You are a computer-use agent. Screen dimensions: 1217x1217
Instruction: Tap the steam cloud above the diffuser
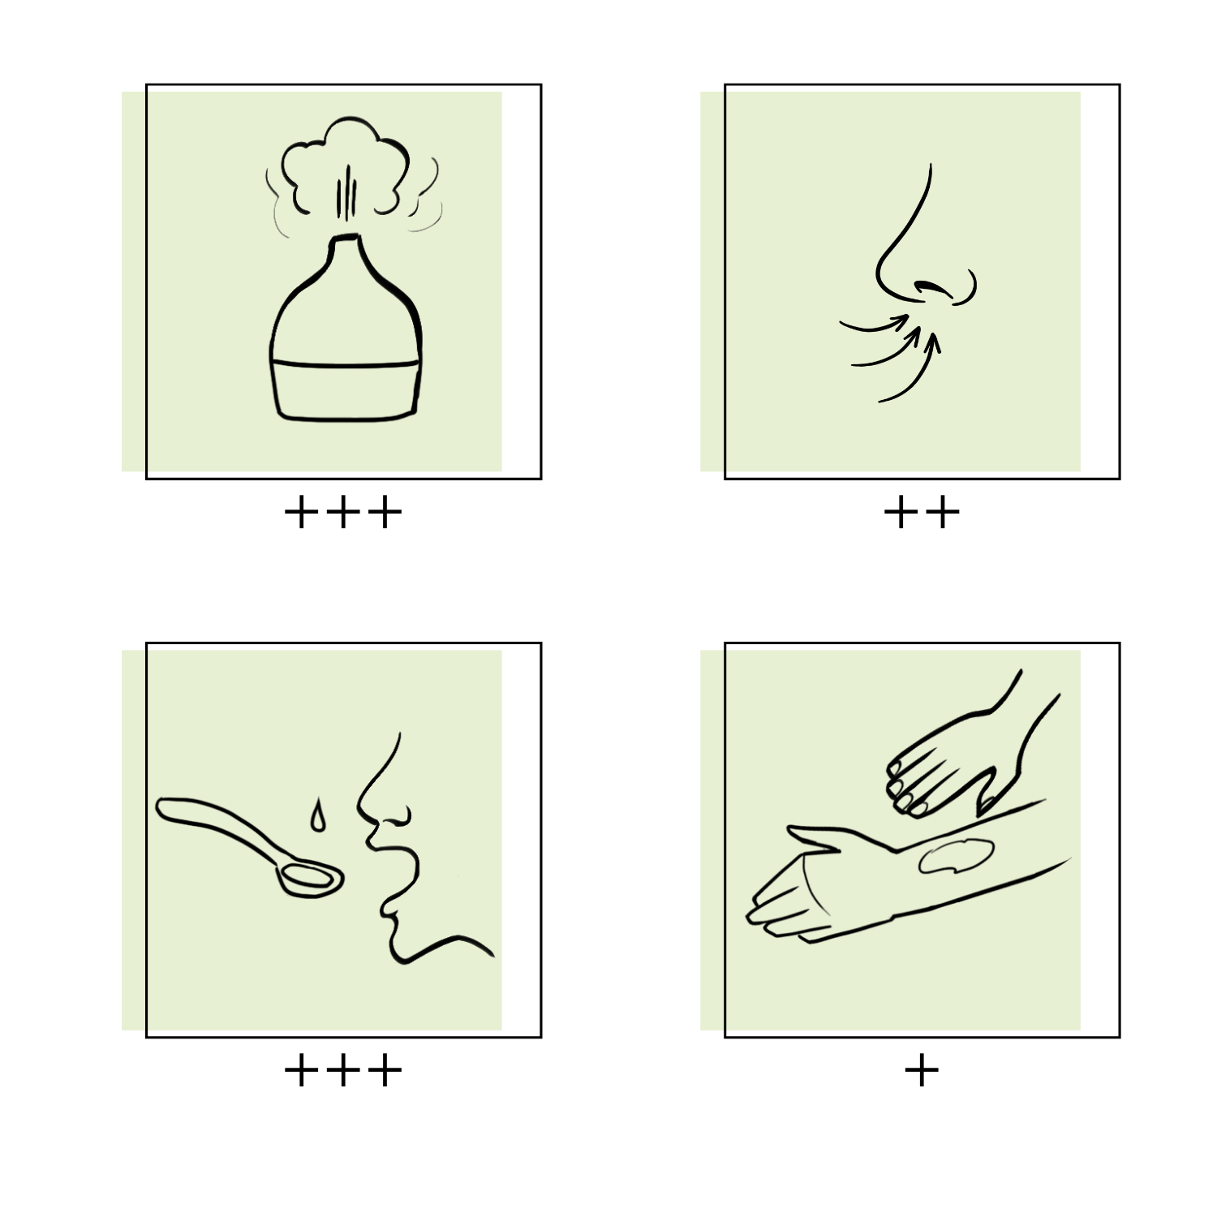(x=344, y=166)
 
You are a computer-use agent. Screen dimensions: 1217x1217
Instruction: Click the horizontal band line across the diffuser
(x=346, y=364)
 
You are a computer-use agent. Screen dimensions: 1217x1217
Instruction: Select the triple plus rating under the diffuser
(x=343, y=513)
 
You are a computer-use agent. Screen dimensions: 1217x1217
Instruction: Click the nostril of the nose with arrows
(x=931, y=287)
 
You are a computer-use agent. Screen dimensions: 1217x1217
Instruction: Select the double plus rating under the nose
(x=922, y=513)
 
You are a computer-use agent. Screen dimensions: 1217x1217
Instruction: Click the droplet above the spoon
(x=317, y=816)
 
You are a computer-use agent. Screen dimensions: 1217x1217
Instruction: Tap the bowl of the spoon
(x=309, y=879)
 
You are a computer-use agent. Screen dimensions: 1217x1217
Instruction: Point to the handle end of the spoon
(x=165, y=808)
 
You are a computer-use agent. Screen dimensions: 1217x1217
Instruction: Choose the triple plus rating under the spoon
(x=343, y=1071)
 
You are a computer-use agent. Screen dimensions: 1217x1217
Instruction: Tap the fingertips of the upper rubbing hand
(x=903, y=787)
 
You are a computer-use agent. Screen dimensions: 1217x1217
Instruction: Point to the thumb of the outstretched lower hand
(x=811, y=836)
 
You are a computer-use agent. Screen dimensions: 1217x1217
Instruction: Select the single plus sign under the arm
(x=922, y=1071)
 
